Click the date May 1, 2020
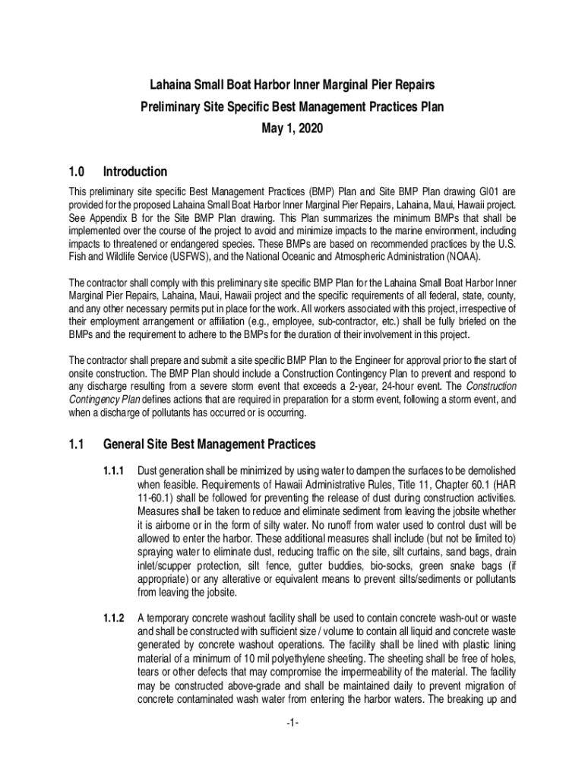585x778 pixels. (x=292, y=129)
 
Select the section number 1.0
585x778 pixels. (x=77, y=172)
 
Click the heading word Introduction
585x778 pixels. (x=134, y=172)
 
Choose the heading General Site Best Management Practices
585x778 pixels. (x=209, y=444)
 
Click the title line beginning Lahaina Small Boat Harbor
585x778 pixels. (x=292, y=84)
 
